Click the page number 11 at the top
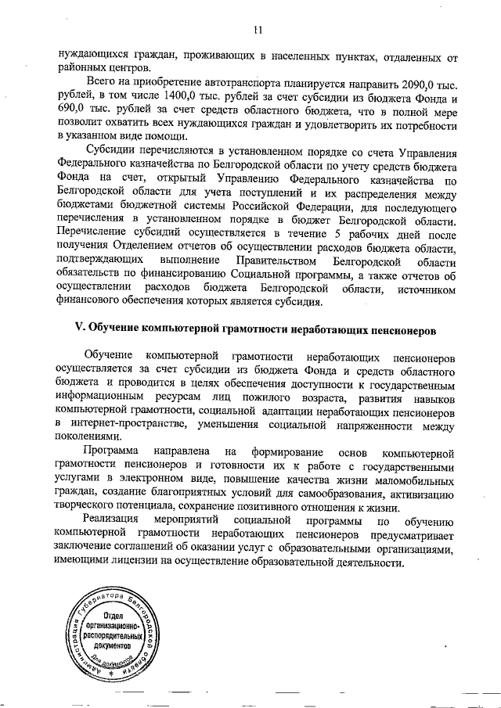click(x=258, y=31)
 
